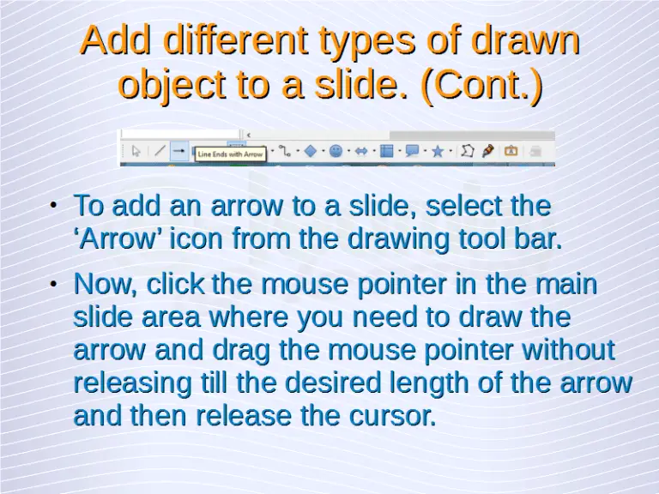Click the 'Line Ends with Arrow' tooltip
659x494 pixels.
coord(231,154)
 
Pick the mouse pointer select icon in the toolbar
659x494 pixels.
coord(136,151)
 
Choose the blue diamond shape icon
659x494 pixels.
coord(310,151)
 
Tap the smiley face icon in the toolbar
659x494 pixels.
coord(336,151)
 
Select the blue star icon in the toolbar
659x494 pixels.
coord(438,151)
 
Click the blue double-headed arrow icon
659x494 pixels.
coord(361,151)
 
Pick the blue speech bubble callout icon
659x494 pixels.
coord(412,151)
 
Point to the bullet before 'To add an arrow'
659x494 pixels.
coord(52,206)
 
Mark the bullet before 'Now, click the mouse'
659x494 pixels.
coord(52,283)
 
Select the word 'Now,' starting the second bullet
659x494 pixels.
coord(106,283)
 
